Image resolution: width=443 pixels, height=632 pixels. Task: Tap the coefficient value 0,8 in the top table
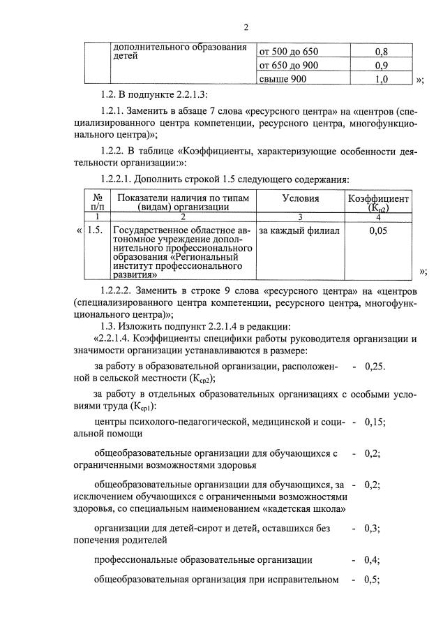pos(382,52)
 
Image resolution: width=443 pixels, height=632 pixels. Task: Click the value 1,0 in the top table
pos(382,80)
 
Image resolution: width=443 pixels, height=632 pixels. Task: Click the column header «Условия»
pos(301,198)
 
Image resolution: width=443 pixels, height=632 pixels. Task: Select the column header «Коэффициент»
pos(379,199)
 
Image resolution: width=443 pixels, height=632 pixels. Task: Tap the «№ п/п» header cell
pos(98,202)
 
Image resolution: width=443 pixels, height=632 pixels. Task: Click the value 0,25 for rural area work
pos(375,366)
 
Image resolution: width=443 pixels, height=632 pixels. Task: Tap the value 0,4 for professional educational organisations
pos(372,560)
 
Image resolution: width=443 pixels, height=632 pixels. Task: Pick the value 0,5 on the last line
pos(372,580)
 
